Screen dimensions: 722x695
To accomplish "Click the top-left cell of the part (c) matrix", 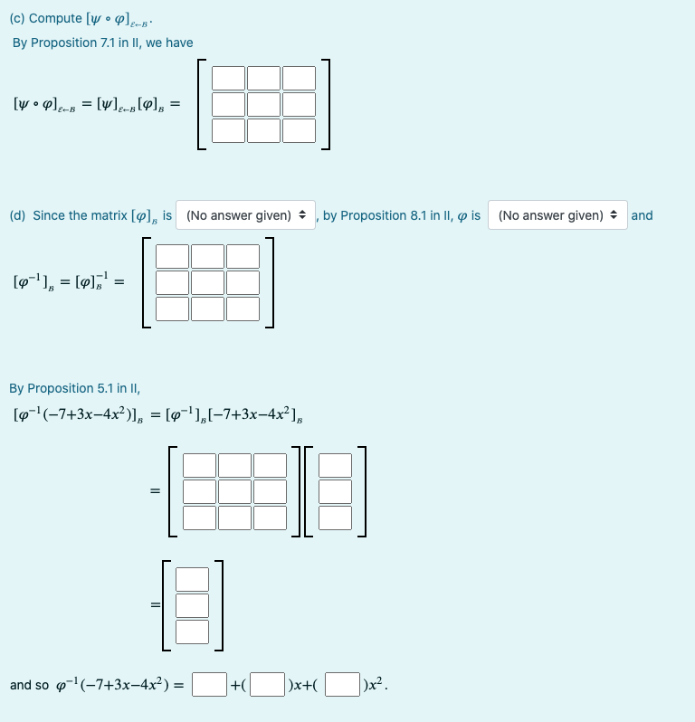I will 229,79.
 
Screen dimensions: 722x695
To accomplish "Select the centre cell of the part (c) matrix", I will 264,105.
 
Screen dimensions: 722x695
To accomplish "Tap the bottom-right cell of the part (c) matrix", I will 299,131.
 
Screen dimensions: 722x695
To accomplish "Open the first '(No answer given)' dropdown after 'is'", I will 246,215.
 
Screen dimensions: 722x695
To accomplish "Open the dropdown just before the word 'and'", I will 557,215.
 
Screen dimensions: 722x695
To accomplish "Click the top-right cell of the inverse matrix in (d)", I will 243,257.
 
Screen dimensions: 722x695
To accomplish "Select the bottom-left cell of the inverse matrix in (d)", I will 173,309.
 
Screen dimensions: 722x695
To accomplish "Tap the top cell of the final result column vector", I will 192,578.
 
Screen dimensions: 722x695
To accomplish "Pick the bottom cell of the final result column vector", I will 192,631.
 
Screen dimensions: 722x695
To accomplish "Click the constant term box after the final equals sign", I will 209,684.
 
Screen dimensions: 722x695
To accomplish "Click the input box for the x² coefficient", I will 342,684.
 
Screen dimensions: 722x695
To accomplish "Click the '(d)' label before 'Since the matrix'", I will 17,215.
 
